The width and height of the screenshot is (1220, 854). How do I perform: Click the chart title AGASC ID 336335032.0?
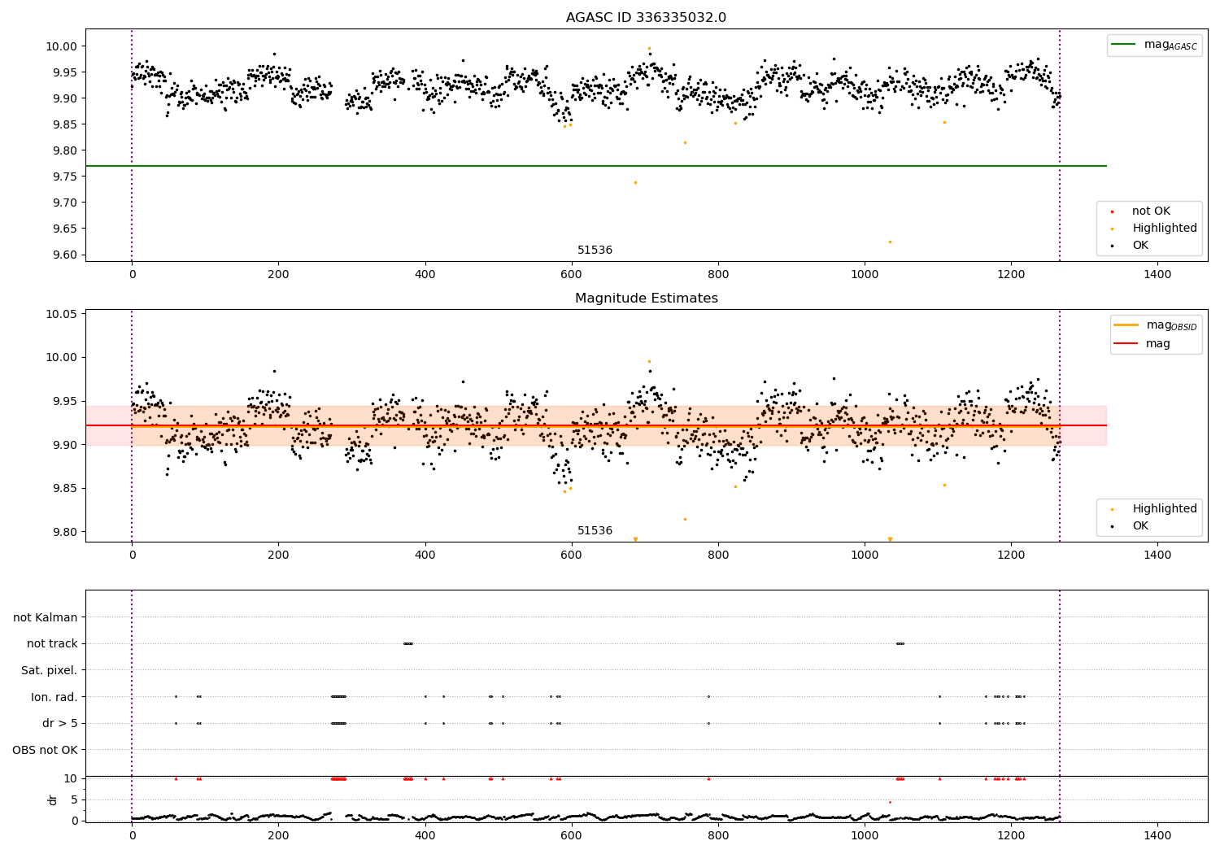click(x=646, y=18)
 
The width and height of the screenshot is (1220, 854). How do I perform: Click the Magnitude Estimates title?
click(x=646, y=298)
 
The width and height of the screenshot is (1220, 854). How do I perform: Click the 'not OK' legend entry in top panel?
click(x=1151, y=211)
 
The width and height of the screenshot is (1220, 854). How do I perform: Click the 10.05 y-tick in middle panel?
click(x=63, y=314)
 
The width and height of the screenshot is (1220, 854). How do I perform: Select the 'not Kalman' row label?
click(x=46, y=617)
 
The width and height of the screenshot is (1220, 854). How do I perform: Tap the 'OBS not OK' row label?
click(x=45, y=750)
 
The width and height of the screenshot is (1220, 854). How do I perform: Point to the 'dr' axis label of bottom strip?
click(x=53, y=800)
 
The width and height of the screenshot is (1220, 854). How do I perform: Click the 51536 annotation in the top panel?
click(x=595, y=251)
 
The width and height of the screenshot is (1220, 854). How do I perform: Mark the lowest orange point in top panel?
click(x=890, y=242)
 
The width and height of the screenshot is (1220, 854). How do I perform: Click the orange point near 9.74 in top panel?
click(x=635, y=182)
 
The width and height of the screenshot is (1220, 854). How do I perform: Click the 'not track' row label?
click(x=52, y=644)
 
